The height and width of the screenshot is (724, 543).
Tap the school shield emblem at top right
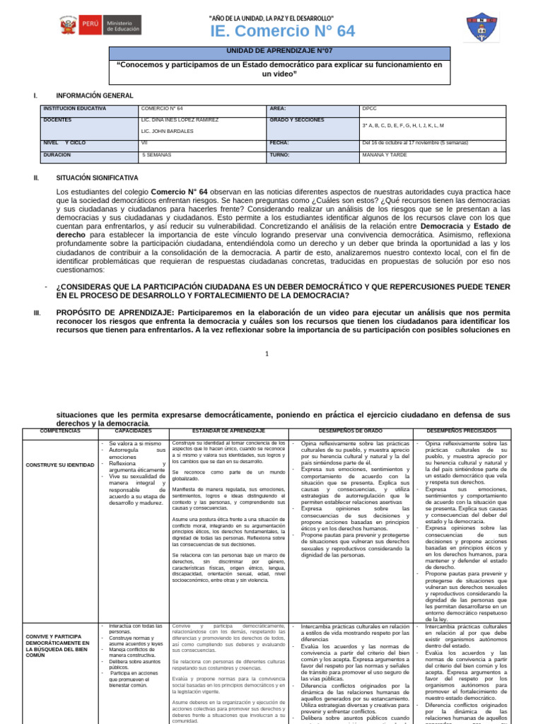484,27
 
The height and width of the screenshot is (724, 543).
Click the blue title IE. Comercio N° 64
272,30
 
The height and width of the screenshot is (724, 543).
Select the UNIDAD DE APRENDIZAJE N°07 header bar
279,52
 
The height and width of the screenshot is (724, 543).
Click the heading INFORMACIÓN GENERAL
94,95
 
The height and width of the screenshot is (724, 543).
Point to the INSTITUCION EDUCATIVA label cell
74,109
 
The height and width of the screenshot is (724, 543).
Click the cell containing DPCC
370,109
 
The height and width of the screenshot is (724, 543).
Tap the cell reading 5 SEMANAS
157,153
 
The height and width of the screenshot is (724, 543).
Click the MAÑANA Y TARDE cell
385,153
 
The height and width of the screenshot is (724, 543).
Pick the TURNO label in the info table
280,153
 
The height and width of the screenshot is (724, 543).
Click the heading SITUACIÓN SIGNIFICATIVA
97,178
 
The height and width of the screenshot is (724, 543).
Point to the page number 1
267,354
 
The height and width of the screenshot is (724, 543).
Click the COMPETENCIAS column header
59,431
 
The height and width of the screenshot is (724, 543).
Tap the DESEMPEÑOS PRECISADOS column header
461,431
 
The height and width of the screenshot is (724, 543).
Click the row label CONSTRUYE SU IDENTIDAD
59,465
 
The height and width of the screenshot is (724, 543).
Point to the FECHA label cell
279,142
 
